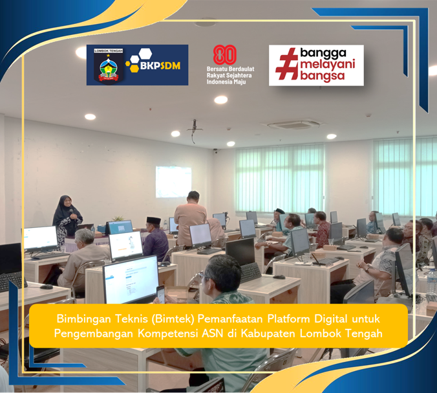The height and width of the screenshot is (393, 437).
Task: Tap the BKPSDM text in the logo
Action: [x=161, y=65]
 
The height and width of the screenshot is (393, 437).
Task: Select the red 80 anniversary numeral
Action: [x=224, y=55]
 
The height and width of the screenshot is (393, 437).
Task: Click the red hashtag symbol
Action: [x=286, y=65]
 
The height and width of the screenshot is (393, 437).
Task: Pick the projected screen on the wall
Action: [x=173, y=181]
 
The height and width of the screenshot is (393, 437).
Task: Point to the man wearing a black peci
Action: [x=156, y=236]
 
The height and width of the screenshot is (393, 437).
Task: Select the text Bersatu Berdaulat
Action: [x=229, y=69]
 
